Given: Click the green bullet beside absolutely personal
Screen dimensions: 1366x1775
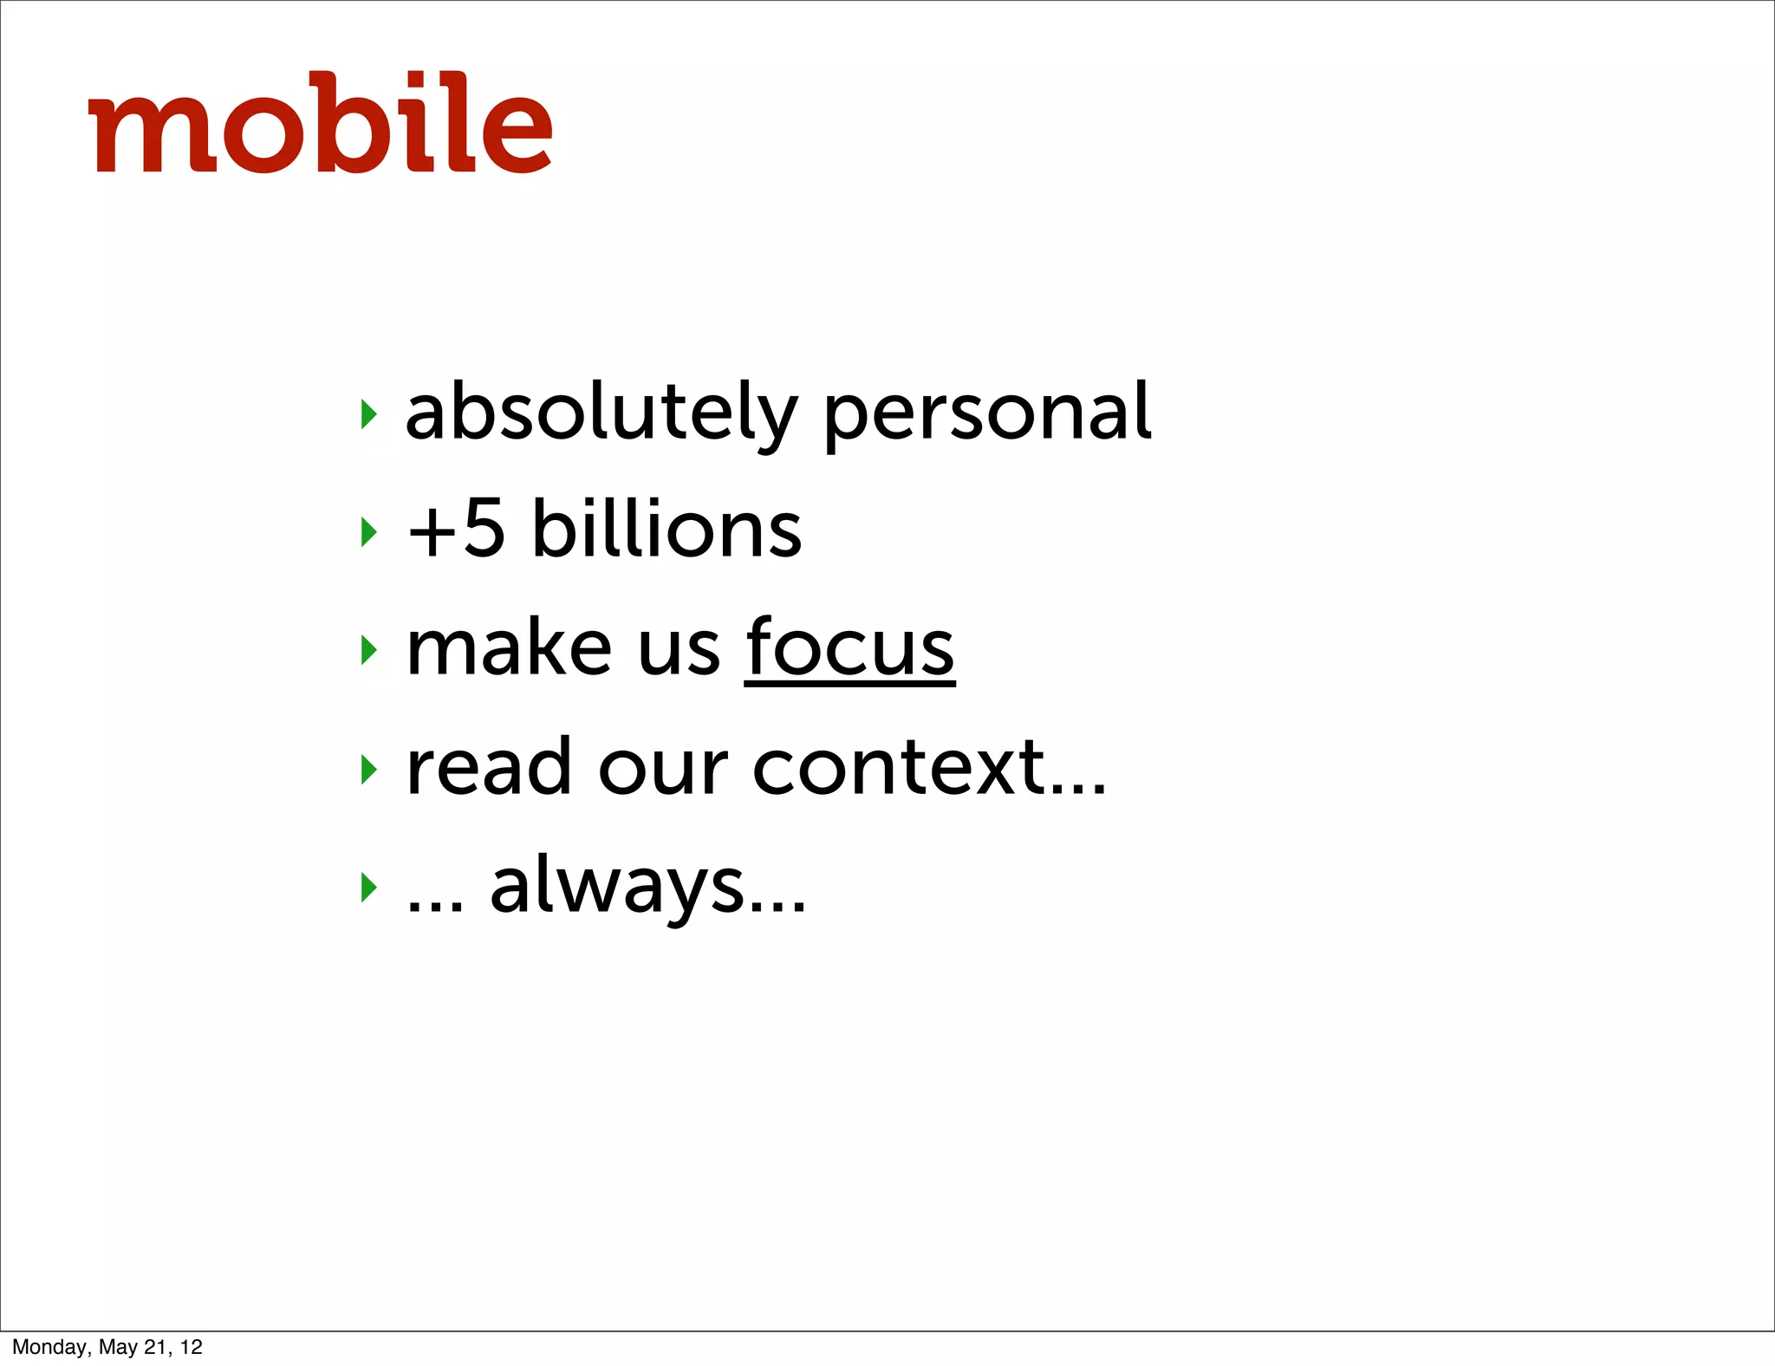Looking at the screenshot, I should click(369, 414).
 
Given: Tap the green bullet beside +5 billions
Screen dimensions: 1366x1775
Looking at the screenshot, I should click(369, 532).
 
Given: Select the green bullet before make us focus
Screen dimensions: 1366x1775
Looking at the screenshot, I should click(369, 650).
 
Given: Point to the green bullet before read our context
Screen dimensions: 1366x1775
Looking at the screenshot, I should click(369, 769).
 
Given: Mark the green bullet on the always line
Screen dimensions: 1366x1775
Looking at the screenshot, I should click(369, 887).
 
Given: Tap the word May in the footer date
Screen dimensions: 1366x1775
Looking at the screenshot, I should click(118, 1347).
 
